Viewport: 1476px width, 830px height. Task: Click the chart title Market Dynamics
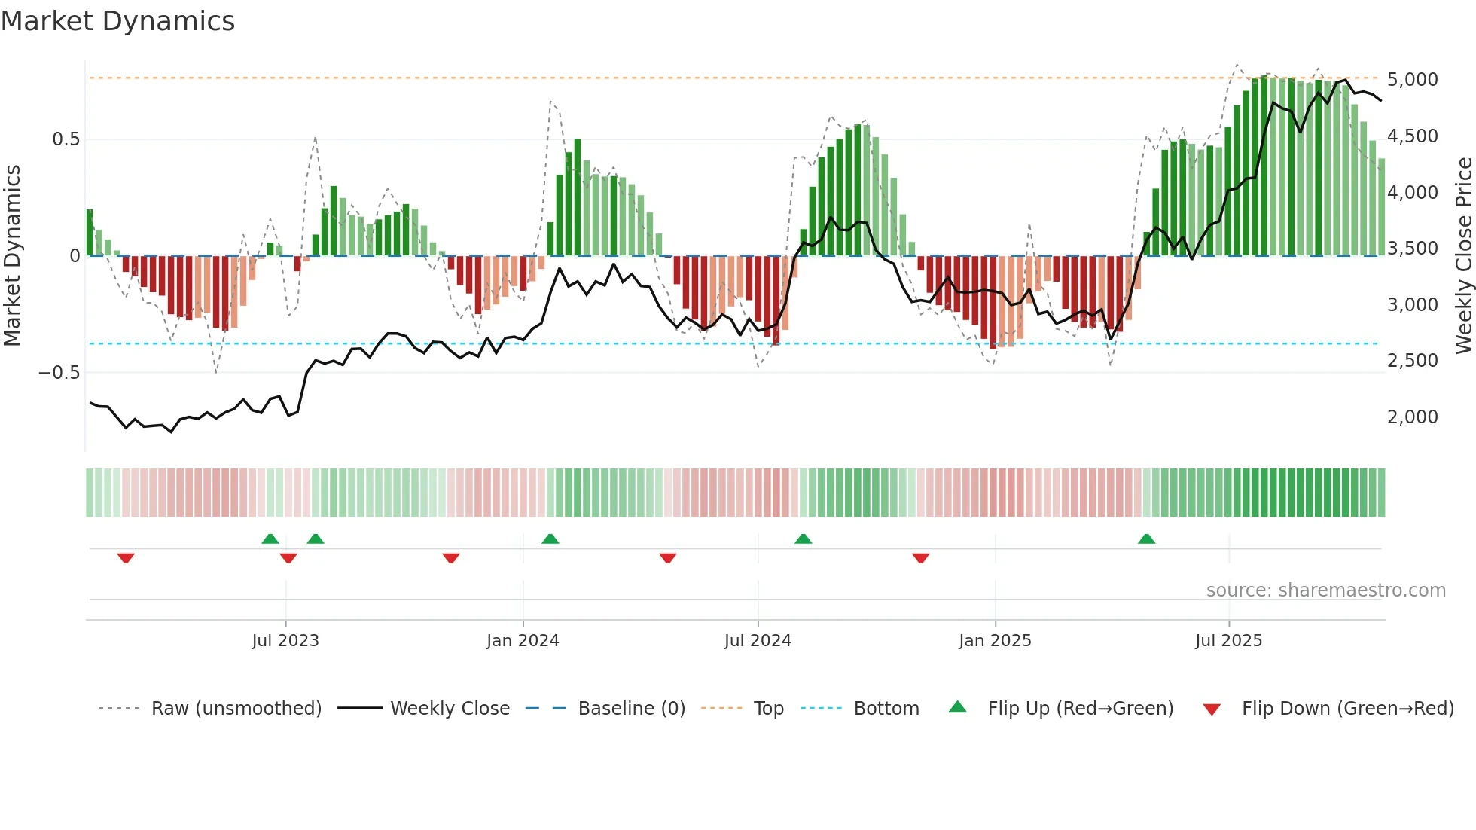[x=118, y=21]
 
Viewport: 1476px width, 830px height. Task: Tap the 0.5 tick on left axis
[x=66, y=139]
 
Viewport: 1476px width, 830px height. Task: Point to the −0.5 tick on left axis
[x=59, y=373]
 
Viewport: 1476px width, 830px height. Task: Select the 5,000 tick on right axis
[x=1413, y=80]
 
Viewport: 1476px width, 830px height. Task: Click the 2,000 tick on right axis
[x=1413, y=417]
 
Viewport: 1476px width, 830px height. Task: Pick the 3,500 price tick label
[x=1413, y=249]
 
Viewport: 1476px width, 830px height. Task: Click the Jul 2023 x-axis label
[x=285, y=641]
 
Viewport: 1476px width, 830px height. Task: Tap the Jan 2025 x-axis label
[x=995, y=641]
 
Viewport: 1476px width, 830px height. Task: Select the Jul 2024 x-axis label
[x=758, y=641]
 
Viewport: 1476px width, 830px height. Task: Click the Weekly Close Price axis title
[x=1463, y=256]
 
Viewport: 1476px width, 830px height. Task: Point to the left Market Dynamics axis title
[x=12, y=256]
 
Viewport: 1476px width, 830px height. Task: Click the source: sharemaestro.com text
[x=1325, y=590]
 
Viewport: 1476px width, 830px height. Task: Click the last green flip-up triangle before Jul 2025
[x=1146, y=539]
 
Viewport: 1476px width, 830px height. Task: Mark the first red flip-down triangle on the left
[x=126, y=558]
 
